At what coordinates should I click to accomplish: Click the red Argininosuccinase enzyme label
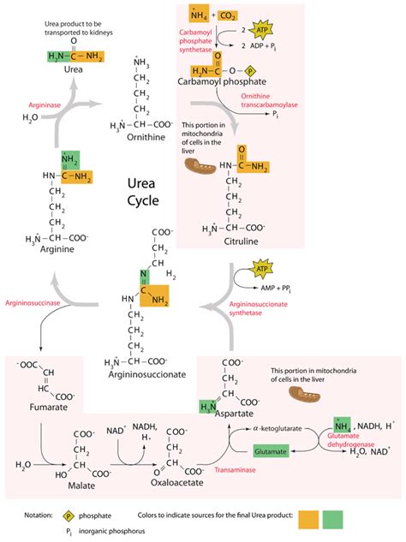click(32, 303)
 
